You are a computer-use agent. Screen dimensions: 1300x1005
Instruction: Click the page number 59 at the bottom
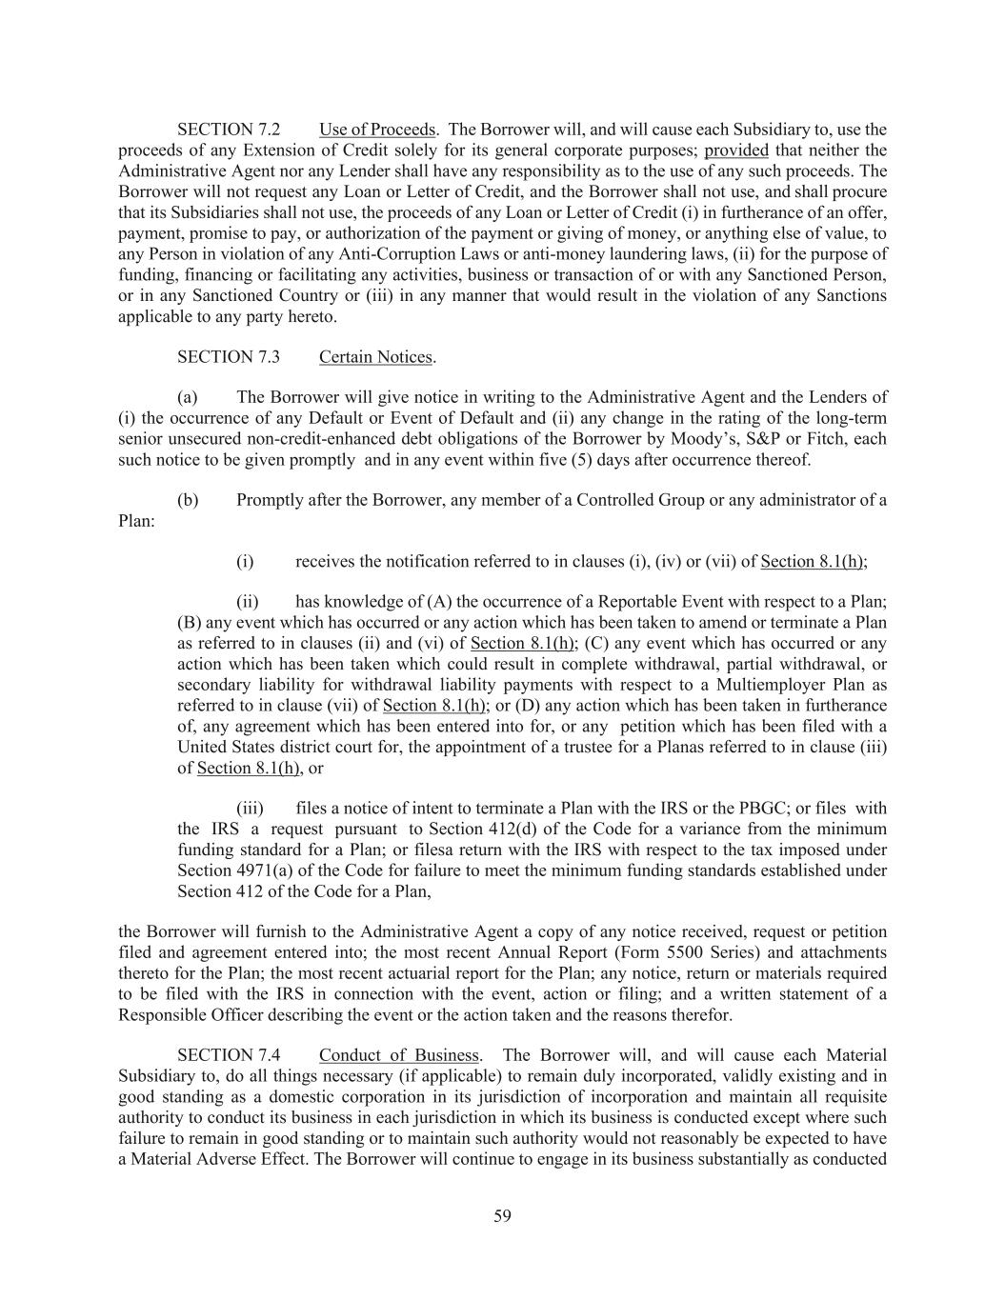coord(502,1215)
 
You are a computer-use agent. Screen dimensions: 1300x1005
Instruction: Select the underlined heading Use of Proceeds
coord(377,130)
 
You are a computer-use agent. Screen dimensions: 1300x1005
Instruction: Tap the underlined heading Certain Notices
coord(375,357)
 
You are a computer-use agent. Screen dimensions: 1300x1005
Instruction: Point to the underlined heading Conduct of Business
coord(398,1055)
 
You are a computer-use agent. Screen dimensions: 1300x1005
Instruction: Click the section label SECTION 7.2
coord(229,130)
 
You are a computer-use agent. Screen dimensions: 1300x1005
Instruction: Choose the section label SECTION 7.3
coord(229,357)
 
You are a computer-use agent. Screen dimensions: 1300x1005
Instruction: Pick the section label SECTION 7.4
coord(229,1055)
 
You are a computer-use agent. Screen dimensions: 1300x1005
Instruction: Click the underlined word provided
coord(735,150)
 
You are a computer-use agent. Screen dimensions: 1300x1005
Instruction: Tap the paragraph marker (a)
coord(188,397)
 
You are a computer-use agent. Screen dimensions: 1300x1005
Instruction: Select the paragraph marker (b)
coord(188,500)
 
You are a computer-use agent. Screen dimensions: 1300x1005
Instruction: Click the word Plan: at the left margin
coord(136,521)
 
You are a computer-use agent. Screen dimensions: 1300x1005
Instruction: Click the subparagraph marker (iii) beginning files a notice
coord(250,809)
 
